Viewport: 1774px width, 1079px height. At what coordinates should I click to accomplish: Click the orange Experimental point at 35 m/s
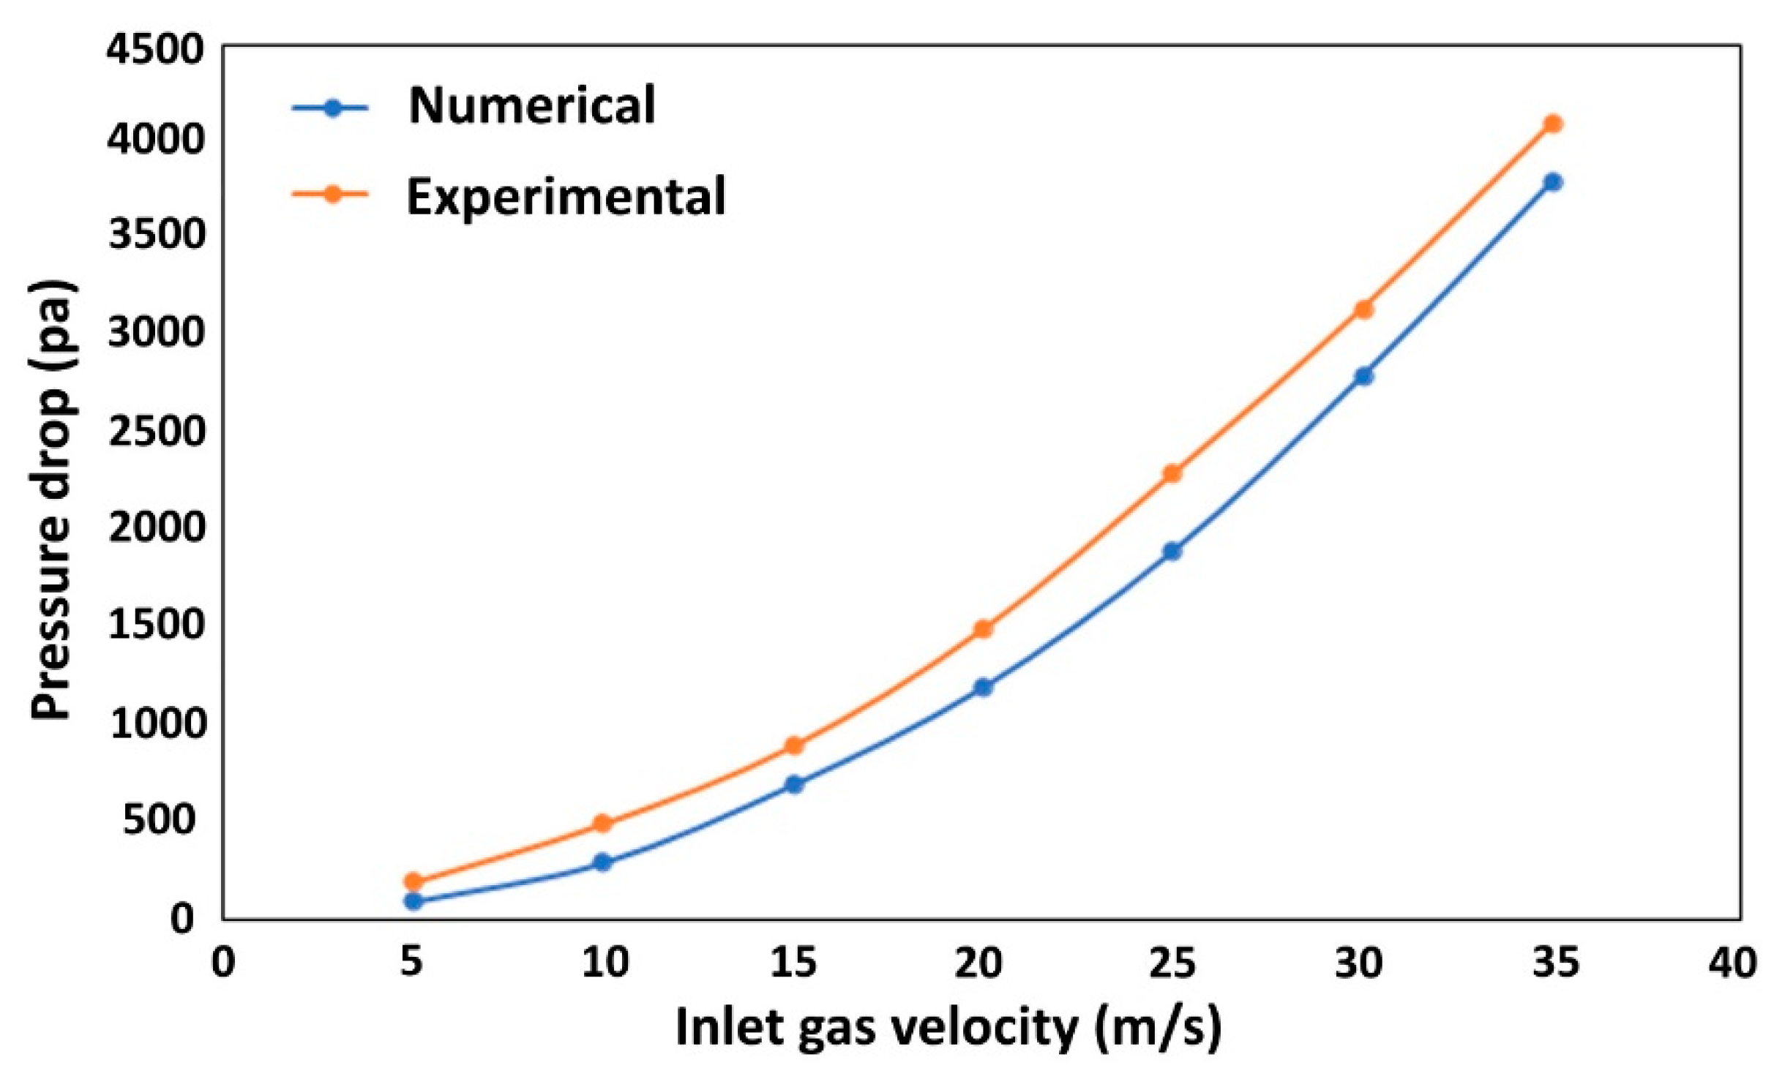tap(1552, 124)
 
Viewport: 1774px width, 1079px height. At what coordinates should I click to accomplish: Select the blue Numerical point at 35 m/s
tap(1552, 181)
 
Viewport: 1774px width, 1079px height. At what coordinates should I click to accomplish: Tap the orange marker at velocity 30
tap(1363, 309)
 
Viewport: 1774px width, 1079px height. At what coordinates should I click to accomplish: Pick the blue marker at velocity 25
tap(1172, 551)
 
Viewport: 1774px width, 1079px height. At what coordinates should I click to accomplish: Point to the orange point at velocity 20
tap(983, 629)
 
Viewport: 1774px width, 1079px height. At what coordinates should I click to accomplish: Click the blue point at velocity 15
tap(794, 784)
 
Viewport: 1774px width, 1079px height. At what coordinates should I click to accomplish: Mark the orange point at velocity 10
tap(602, 823)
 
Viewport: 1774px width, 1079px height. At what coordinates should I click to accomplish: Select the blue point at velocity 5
tap(413, 901)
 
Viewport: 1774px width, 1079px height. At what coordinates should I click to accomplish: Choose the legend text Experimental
tap(566, 196)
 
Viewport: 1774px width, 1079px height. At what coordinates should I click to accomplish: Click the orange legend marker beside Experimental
tap(332, 195)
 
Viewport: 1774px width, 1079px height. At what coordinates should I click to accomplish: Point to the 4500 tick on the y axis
tap(154, 50)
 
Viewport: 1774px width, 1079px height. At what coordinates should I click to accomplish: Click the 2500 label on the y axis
tap(154, 432)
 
